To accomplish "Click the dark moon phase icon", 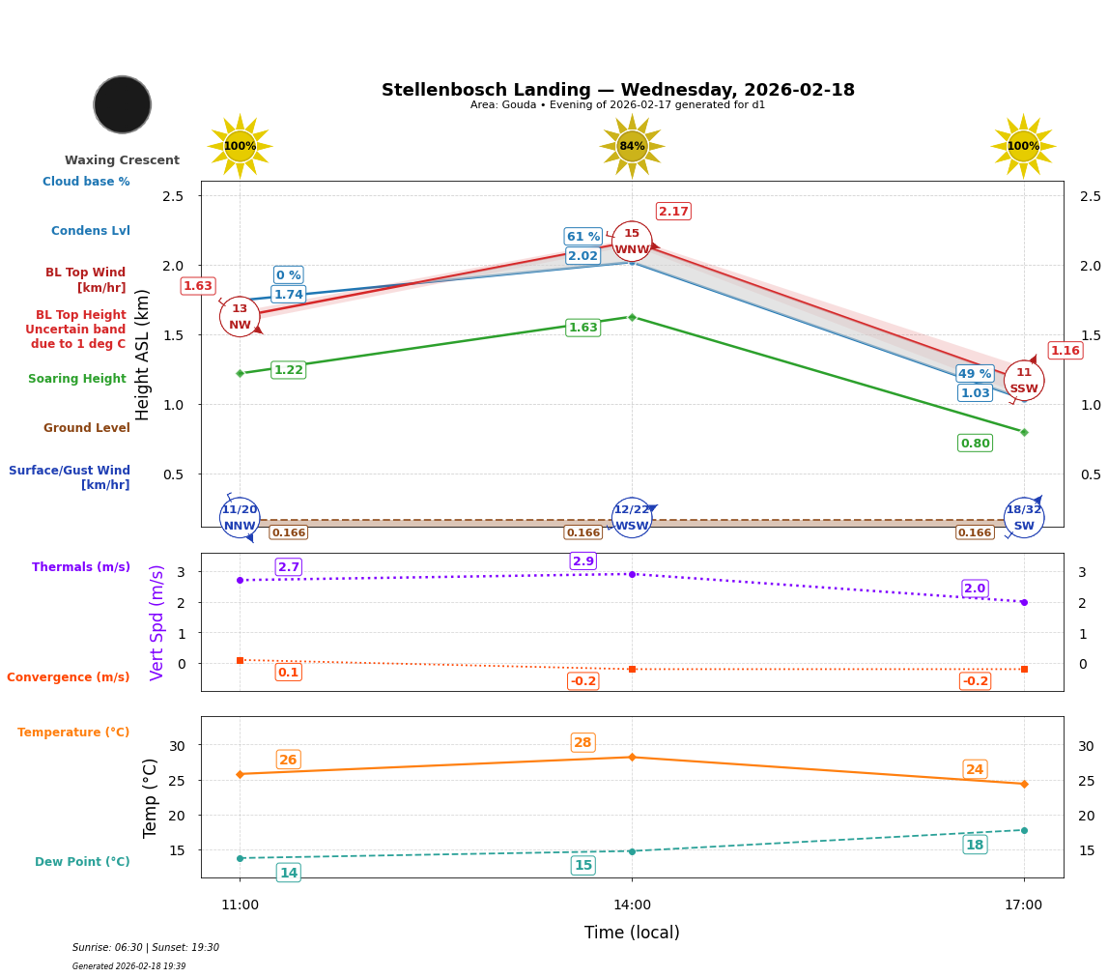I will click(x=123, y=104).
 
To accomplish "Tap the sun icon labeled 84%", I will click(x=632, y=146).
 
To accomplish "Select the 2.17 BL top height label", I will click(x=673, y=212).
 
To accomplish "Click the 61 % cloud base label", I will click(x=582, y=237).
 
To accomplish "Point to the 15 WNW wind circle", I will click(x=632, y=242).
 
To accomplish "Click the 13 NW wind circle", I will click(x=240, y=317).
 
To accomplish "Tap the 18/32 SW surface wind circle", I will click(x=1023, y=518).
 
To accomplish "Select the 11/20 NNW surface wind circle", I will click(x=240, y=518).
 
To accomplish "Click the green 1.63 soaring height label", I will click(x=582, y=328).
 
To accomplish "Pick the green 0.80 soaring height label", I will click(x=975, y=443).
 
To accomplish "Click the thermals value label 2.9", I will click(x=583, y=561).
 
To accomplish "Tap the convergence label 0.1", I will click(x=288, y=673).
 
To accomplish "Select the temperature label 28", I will click(x=582, y=743).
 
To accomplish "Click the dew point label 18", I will click(x=975, y=845).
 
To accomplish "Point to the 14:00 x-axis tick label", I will click(x=632, y=905).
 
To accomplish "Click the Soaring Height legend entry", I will click(x=77, y=379).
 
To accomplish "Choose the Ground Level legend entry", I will click(x=86, y=428).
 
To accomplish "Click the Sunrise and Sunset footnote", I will click(x=146, y=948).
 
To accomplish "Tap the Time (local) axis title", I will click(x=632, y=933).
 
